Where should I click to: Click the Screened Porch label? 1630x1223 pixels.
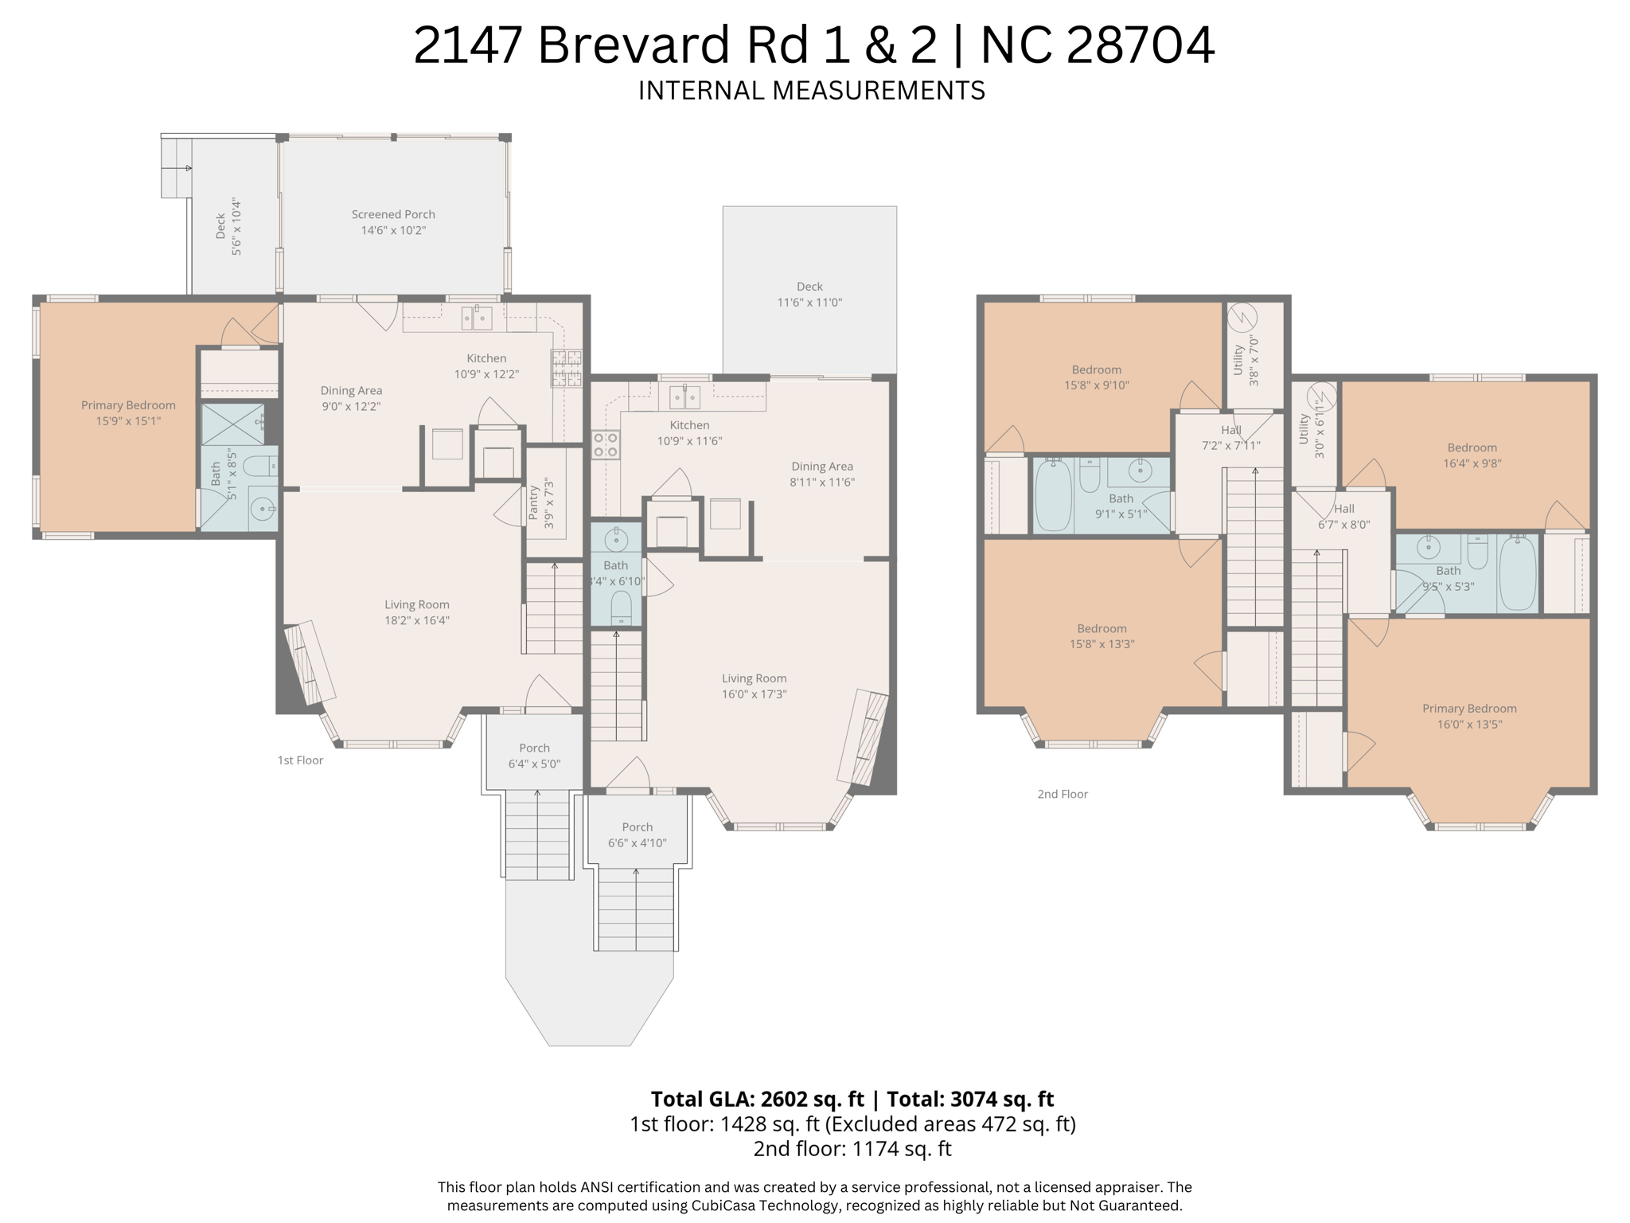pyautogui.click(x=393, y=215)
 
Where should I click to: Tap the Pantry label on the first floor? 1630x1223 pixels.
pyautogui.click(x=534, y=502)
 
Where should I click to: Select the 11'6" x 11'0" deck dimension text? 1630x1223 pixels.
pyautogui.click(x=809, y=303)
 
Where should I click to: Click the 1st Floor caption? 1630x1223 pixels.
pyautogui.click(x=300, y=760)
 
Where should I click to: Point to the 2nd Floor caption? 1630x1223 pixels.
pyautogui.click(x=1063, y=794)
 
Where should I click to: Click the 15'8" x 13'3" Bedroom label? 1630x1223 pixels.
pyautogui.click(x=1102, y=636)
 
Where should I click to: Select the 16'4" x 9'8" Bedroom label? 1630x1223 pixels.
pyautogui.click(x=1472, y=455)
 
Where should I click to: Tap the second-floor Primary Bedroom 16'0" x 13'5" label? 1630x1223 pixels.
pyautogui.click(x=1469, y=716)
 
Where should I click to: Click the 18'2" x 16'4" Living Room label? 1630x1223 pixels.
pyautogui.click(x=417, y=612)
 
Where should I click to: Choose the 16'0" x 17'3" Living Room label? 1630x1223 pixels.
pyautogui.click(x=754, y=686)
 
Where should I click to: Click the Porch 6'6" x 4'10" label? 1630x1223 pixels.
pyautogui.click(x=637, y=834)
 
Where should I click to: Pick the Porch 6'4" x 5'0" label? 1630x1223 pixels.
pyautogui.click(x=534, y=756)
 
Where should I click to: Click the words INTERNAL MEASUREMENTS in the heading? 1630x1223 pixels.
pyautogui.click(x=811, y=91)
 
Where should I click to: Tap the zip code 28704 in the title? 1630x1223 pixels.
pyautogui.click(x=1140, y=45)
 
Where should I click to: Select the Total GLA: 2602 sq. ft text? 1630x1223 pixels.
pyautogui.click(x=757, y=1099)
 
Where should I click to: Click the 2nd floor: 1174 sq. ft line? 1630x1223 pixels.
pyautogui.click(x=852, y=1149)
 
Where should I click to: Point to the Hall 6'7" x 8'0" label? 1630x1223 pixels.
pyautogui.click(x=1343, y=517)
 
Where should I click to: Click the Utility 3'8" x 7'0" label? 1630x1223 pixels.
pyautogui.click(x=1246, y=361)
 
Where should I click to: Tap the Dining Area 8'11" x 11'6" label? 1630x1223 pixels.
pyautogui.click(x=821, y=474)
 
